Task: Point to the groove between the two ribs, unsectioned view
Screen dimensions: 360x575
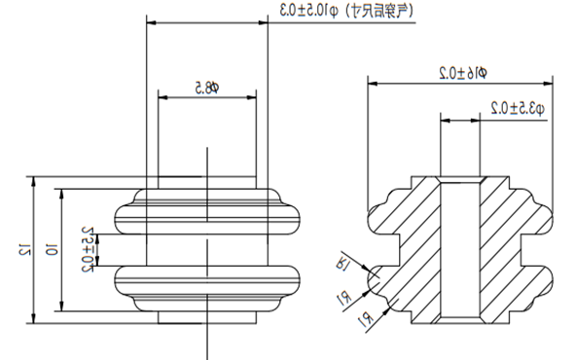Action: click(x=206, y=250)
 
